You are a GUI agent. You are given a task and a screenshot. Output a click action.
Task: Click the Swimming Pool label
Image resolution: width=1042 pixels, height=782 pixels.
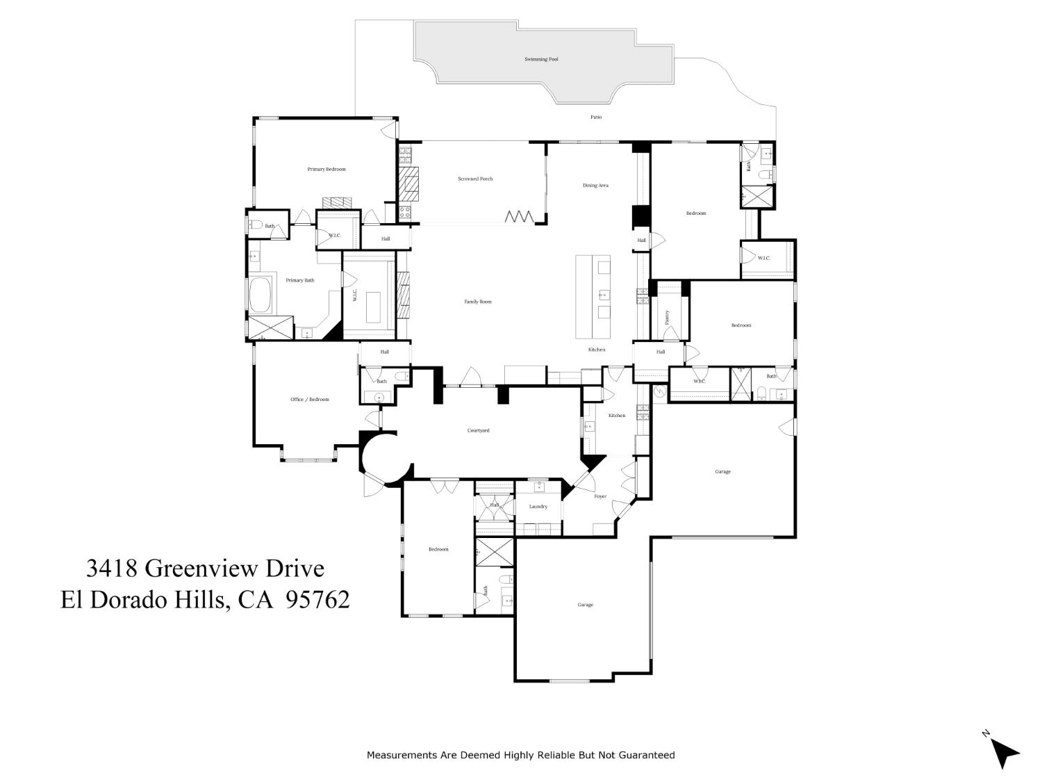pos(541,60)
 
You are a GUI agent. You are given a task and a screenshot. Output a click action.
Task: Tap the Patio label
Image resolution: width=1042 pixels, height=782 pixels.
pos(596,117)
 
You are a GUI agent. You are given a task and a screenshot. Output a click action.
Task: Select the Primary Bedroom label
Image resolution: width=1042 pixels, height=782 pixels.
pos(326,170)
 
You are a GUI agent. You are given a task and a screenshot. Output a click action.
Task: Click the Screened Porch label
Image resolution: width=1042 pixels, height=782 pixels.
pos(475,179)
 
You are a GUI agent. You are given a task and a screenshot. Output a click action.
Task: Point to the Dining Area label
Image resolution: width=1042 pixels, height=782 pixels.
pos(595,186)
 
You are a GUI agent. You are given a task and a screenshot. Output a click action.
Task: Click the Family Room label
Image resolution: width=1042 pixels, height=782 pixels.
pos(478,302)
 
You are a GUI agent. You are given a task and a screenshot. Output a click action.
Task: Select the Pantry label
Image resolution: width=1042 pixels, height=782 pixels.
pos(668,317)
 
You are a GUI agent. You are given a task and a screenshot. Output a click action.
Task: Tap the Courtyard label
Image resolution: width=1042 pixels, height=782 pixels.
pos(478,431)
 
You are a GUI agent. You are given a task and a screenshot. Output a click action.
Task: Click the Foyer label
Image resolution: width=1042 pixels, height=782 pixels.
pos(600,496)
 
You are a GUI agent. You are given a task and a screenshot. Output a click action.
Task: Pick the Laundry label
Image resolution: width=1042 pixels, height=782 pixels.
pos(538,507)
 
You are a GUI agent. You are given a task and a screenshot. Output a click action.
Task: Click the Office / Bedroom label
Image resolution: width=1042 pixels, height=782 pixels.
pos(310,400)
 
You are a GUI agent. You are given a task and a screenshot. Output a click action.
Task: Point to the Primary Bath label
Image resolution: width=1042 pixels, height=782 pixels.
pos(300,281)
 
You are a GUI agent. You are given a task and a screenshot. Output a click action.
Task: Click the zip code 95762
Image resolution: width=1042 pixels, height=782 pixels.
pos(317,599)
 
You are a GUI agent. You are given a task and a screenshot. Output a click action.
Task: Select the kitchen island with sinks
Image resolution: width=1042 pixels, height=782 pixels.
pos(595,296)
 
